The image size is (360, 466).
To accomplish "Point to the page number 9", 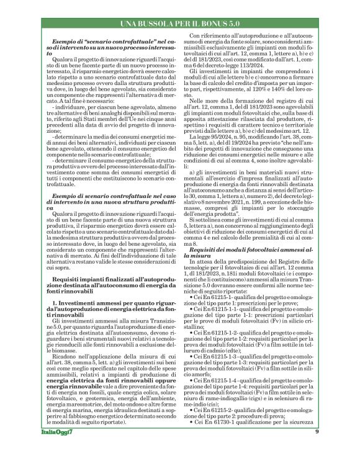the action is [317, 449].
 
